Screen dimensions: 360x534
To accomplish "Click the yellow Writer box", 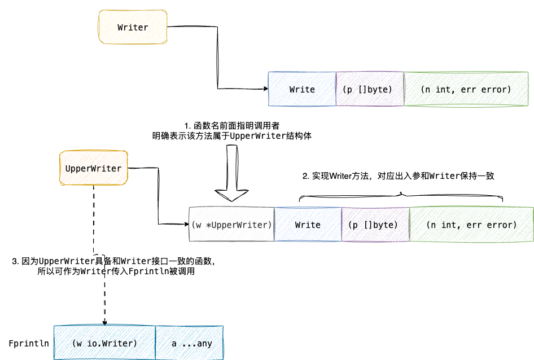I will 133,27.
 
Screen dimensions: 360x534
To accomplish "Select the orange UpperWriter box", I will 93,168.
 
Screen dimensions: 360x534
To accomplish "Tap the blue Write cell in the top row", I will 302,89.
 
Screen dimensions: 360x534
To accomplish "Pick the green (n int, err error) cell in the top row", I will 466,89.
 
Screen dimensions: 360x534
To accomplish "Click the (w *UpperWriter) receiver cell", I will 231,225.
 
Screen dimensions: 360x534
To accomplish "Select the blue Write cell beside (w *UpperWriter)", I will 308,225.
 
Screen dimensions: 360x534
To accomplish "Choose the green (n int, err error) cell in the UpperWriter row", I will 471,225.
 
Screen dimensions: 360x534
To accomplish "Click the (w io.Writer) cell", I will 104,343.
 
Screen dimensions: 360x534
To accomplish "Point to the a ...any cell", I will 190,343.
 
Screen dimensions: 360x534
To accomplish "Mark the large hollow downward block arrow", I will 231,175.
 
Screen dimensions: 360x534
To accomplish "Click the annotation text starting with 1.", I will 231,130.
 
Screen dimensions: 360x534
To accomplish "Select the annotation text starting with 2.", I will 399,176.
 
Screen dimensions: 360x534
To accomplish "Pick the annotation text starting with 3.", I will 113,266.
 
